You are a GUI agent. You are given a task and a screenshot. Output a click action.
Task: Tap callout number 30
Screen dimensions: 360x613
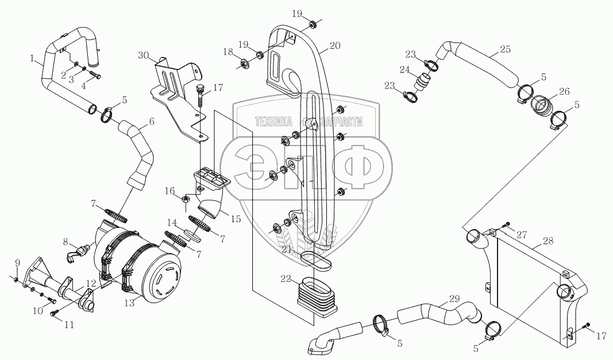[x=143, y=55]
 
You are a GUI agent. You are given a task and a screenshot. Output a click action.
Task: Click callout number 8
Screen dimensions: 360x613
[x=66, y=242]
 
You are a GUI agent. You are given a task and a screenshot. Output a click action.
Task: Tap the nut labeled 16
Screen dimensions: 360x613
[x=186, y=199]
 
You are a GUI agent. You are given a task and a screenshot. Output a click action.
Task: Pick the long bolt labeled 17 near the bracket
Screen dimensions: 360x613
[x=200, y=96]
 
